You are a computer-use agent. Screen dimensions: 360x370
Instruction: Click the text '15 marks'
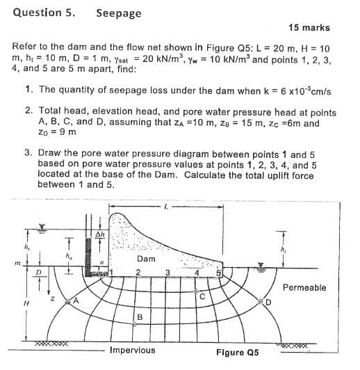[308, 28]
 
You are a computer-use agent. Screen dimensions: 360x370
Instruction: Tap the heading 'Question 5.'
[40, 13]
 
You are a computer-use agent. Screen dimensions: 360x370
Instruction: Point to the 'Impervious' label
[133, 351]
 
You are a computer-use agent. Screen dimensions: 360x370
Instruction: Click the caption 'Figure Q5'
[238, 353]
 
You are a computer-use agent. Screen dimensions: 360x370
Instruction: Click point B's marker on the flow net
[136, 325]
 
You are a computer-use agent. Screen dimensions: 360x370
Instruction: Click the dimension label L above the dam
[165, 207]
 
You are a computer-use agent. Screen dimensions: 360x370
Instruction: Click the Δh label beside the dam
[100, 234]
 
